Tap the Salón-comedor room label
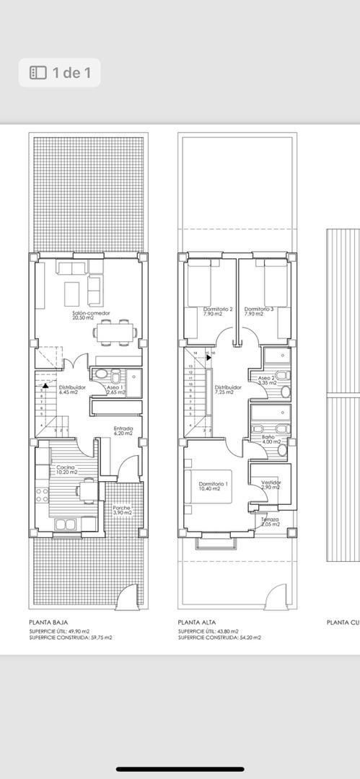[90, 316]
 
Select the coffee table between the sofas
[72, 294]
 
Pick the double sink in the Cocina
[64, 524]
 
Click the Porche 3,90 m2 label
[122, 510]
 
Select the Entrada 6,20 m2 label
[123, 431]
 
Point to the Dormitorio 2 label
[218, 312]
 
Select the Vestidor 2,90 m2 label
[271, 485]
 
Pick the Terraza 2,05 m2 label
[271, 521]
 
